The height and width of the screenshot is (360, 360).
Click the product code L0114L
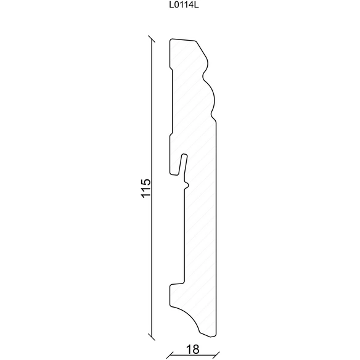pyautogui.click(x=184, y=6)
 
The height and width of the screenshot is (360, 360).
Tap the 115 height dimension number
pyautogui.click(x=146, y=188)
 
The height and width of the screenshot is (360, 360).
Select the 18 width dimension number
pyautogui.click(x=192, y=350)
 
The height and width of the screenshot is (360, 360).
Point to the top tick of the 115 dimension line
pyautogui.click(x=151, y=39)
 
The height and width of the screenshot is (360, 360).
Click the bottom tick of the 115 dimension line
pyautogui.click(x=151, y=337)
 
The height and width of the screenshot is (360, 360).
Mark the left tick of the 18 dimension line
pyautogui.click(x=170, y=355)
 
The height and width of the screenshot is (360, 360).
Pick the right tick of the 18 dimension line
pyautogui.click(x=216, y=355)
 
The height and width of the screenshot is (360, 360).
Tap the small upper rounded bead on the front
pyautogui.click(x=206, y=66)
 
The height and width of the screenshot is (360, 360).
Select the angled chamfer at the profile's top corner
pyautogui.click(x=202, y=49)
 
